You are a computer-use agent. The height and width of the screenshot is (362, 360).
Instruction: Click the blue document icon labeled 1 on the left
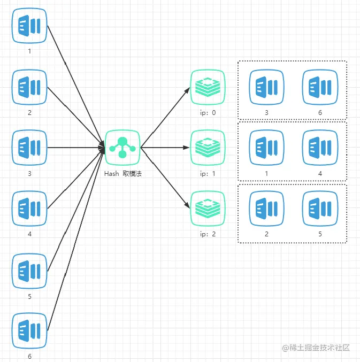[x=29, y=26]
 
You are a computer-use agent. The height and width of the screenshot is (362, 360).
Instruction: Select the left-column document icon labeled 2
[x=29, y=87]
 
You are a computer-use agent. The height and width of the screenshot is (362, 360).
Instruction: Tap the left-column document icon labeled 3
[x=29, y=148]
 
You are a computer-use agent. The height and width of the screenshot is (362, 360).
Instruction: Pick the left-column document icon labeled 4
[x=29, y=209]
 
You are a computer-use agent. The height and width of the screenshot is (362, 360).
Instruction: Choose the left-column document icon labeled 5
[x=29, y=270]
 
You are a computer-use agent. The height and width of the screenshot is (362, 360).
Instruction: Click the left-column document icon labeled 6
[x=29, y=331]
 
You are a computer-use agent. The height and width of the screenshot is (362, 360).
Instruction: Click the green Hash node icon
[x=122, y=148]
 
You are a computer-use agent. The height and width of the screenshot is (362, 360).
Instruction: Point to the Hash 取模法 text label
[x=122, y=174]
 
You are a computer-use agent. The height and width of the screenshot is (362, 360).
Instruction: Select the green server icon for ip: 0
[x=208, y=87]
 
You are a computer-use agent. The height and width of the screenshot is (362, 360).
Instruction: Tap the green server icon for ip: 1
[x=208, y=148]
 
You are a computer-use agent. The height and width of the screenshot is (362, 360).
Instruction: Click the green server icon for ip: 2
[x=208, y=209]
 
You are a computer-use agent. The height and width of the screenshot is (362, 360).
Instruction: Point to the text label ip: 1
[x=208, y=174]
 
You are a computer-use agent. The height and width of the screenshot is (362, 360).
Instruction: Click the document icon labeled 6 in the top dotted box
[x=320, y=87]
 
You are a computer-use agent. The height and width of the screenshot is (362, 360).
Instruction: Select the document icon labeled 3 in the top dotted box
[x=266, y=87]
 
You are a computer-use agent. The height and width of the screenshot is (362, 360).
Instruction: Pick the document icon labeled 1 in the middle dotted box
[x=266, y=148]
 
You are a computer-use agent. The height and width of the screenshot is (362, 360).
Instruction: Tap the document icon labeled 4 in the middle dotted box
[x=320, y=148]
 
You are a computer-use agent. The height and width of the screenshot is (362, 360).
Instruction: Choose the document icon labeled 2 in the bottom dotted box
[x=266, y=209]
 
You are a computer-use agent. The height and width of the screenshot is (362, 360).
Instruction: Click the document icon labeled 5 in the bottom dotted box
[x=320, y=209]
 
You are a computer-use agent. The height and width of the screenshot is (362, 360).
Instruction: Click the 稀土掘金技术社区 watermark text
[x=320, y=348]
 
